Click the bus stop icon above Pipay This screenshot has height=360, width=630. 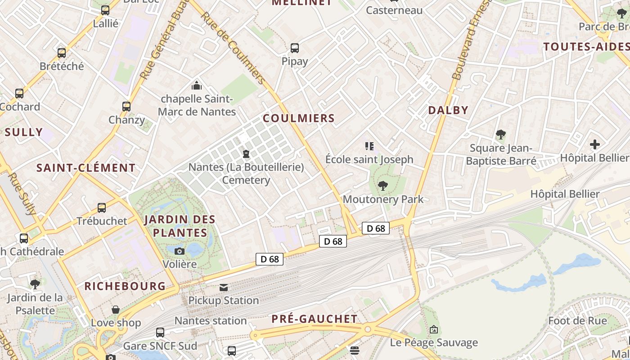click(x=295, y=48)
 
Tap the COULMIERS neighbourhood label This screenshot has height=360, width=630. click(x=299, y=118)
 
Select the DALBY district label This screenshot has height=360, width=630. click(x=448, y=110)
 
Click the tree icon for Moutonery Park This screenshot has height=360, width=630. click(x=383, y=185)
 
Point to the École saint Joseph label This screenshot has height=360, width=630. click(x=369, y=159)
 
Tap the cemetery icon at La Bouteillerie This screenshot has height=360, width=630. click(x=246, y=154)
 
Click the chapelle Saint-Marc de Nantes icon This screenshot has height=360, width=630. click(x=196, y=85)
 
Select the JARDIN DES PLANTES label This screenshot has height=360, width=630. click(x=180, y=226)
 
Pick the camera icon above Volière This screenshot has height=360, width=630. click(x=180, y=251)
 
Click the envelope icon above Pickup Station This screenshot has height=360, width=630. click(x=224, y=287)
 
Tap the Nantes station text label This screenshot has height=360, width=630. click(x=211, y=321)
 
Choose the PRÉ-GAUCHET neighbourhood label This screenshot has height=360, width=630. click(x=315, y=319)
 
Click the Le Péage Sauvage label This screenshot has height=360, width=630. click(x=434, y=343)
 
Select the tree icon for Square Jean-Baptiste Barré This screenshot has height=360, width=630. click(x=500, y=135)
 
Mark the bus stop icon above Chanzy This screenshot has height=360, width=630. click(x=126, y=107)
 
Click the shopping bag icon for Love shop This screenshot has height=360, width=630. click(x=116, y=310)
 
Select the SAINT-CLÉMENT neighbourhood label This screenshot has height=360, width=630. click(x=86, y=168)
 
